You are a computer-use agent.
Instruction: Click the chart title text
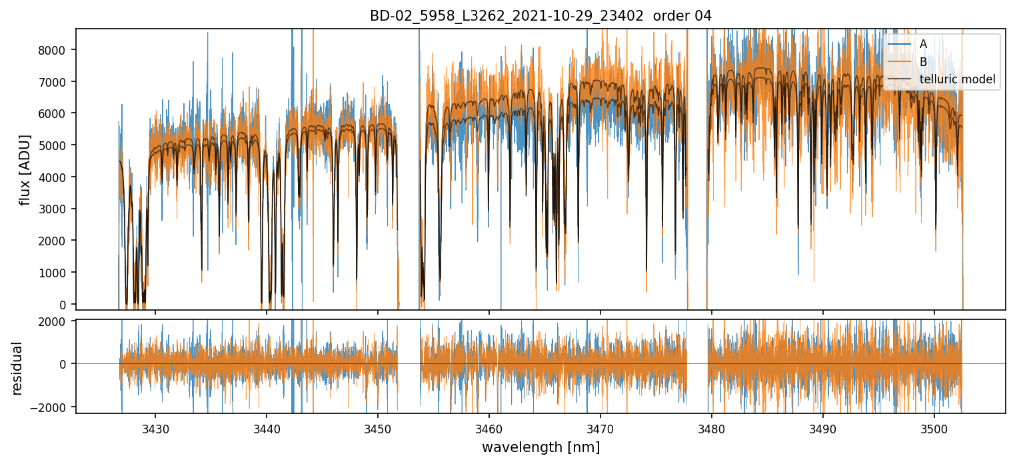coord(540,16)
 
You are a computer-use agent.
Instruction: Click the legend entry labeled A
coord(923,44)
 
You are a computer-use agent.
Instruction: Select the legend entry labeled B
coord(923,62)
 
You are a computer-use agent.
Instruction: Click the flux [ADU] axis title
coord(25,169)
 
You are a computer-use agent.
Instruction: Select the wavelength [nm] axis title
coord(540,447)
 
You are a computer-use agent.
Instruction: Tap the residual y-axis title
coord(17,367)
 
